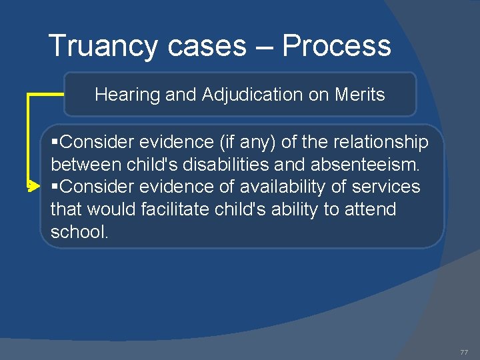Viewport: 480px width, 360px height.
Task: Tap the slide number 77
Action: [x=464, y=352]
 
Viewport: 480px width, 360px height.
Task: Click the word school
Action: [x=79, y=232]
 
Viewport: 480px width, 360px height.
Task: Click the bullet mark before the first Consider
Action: [x=55, y=142]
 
